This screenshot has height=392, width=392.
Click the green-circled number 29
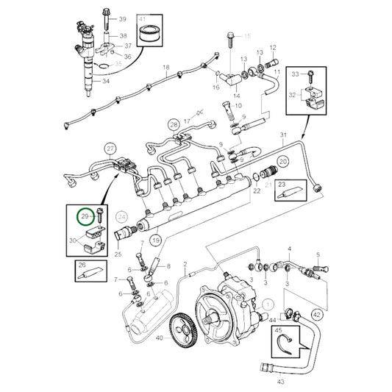(85, 216)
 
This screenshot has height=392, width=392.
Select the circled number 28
(173, 124)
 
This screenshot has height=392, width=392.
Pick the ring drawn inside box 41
(156, 33)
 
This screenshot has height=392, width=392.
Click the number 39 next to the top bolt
(122, 18)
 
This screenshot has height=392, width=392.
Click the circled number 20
(282, 161)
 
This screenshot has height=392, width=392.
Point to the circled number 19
(155, 240)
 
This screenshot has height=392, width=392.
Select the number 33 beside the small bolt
(296, 74)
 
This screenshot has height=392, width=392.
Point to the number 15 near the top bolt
(247, 35)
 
